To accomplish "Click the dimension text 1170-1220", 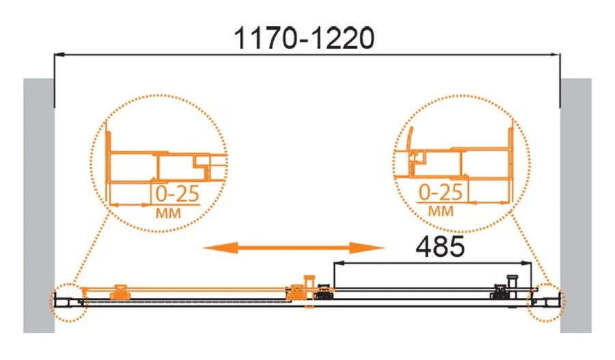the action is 304,38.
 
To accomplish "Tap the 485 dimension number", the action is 440,247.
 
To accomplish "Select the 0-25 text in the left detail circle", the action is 177,194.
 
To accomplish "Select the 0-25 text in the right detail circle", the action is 441,192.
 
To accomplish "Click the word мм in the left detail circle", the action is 169,213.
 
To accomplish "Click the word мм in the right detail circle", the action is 441,211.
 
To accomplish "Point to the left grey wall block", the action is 38,206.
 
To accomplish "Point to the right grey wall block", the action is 576,206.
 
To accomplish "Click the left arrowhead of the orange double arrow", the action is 220,247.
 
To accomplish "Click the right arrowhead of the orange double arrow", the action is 367,247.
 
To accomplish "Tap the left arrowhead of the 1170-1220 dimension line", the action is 59,55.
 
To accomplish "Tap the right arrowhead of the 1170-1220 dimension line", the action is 555,55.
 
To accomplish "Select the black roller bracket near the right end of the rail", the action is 500,292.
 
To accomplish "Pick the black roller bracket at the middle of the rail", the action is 324,292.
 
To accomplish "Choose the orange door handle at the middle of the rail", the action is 309,291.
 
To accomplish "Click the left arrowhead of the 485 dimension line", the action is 338,263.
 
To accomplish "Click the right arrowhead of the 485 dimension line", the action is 526,263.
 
